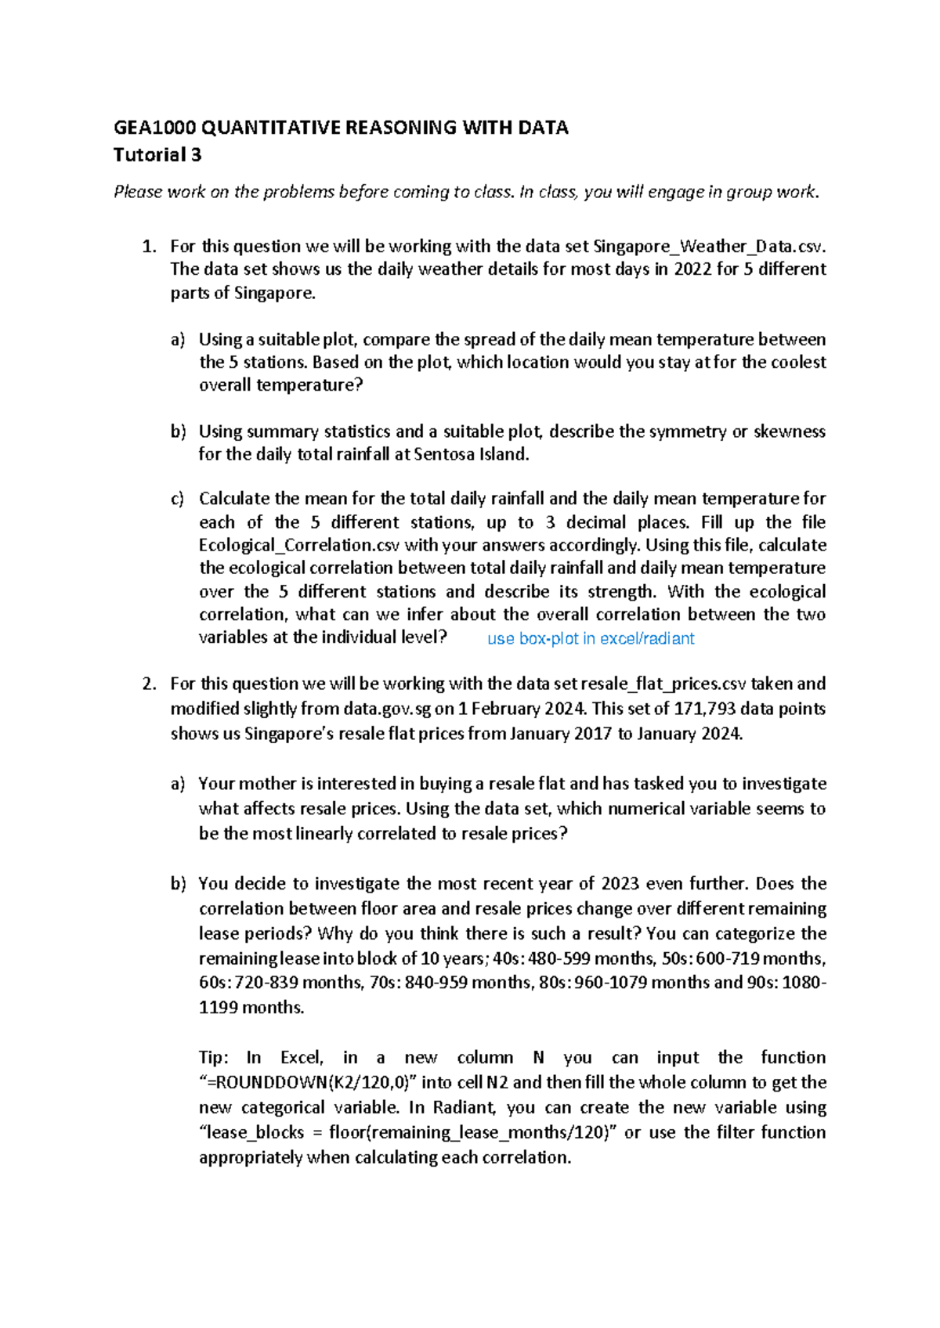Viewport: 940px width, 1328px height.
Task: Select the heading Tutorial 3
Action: [x=157, y=155]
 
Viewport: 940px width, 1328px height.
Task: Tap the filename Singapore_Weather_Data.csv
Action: [x=709, y=246]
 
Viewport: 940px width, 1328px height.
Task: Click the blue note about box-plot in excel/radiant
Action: [x=591, y=639]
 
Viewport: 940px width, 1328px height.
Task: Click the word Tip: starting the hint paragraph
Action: [x=214, y=1058]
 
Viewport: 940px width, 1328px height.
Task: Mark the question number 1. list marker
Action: [x=149, y=246]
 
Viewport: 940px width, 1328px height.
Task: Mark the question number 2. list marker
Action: [x=149, y=684]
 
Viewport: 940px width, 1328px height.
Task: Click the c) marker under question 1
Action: [x=178, y=499]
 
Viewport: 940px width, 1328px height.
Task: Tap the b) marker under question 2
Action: [x=178, y=884]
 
